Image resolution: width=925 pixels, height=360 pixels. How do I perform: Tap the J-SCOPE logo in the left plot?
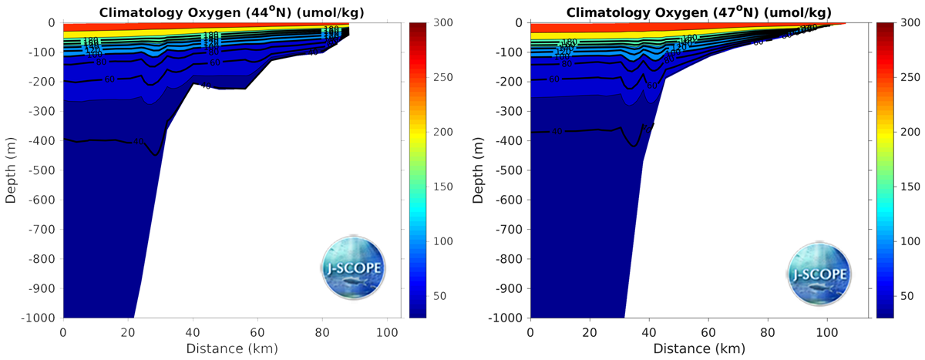point(353,270)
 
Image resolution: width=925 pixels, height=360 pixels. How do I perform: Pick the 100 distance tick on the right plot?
point(827,331)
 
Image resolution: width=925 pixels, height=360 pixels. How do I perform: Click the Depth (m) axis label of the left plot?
point(11,170)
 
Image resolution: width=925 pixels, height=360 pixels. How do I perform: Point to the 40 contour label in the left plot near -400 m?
point(139,141)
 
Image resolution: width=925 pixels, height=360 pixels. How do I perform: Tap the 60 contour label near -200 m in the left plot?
point(109,79)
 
